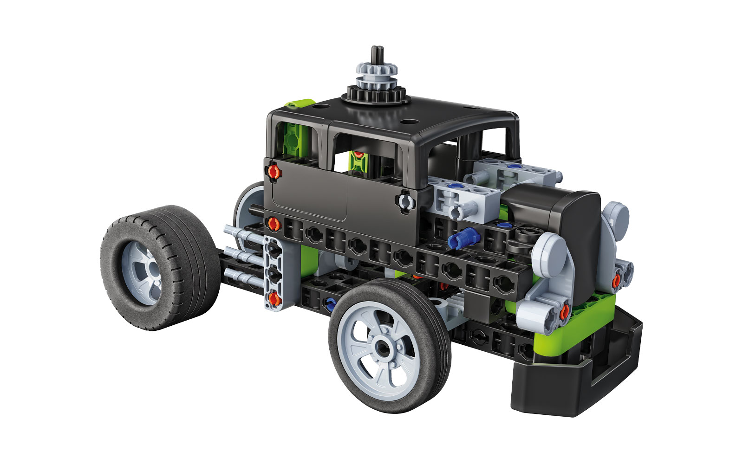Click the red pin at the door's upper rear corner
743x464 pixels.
275,173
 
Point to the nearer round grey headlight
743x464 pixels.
548,255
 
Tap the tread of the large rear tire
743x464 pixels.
186,264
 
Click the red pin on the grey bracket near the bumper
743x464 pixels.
564,313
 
